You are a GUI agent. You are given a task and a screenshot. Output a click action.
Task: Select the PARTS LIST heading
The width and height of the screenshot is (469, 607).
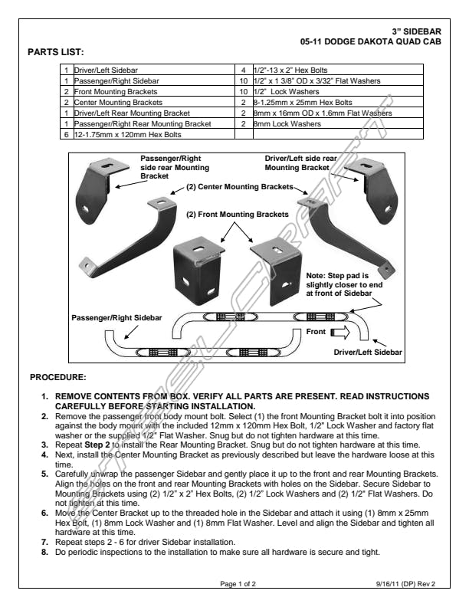point(54,53)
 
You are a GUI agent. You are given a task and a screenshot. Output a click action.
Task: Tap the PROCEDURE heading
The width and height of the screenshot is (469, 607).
point(57,377)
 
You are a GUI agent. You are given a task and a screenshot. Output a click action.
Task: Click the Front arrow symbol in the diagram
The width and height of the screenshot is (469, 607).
point(339,332)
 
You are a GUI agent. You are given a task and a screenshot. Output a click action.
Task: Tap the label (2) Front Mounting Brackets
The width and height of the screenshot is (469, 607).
point(231,215)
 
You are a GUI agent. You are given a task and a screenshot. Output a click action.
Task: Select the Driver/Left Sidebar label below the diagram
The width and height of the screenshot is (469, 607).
point(369,352)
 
